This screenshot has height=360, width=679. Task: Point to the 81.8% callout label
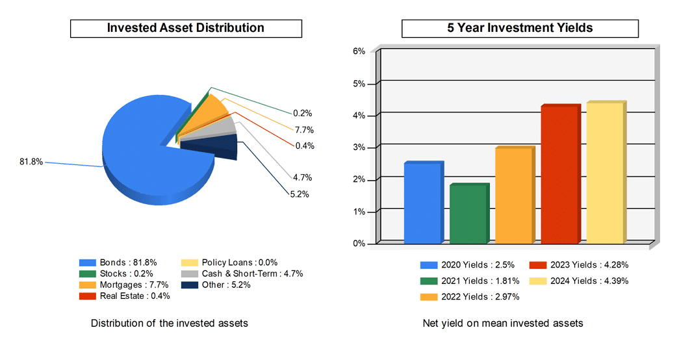31,162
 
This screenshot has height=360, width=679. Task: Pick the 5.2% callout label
299,194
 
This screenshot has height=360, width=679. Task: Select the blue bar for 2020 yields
422,203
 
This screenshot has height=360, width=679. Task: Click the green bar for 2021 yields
468,214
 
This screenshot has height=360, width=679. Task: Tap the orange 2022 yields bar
513,196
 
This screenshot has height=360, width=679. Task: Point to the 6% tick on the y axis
359,51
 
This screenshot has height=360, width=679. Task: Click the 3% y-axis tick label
359,148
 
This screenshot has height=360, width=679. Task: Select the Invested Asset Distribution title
186,28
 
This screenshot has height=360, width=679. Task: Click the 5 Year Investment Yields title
520,28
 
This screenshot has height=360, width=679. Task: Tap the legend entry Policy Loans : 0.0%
239,263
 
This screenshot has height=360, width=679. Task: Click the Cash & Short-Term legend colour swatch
190,274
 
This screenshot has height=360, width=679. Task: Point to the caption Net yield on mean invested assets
503,323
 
